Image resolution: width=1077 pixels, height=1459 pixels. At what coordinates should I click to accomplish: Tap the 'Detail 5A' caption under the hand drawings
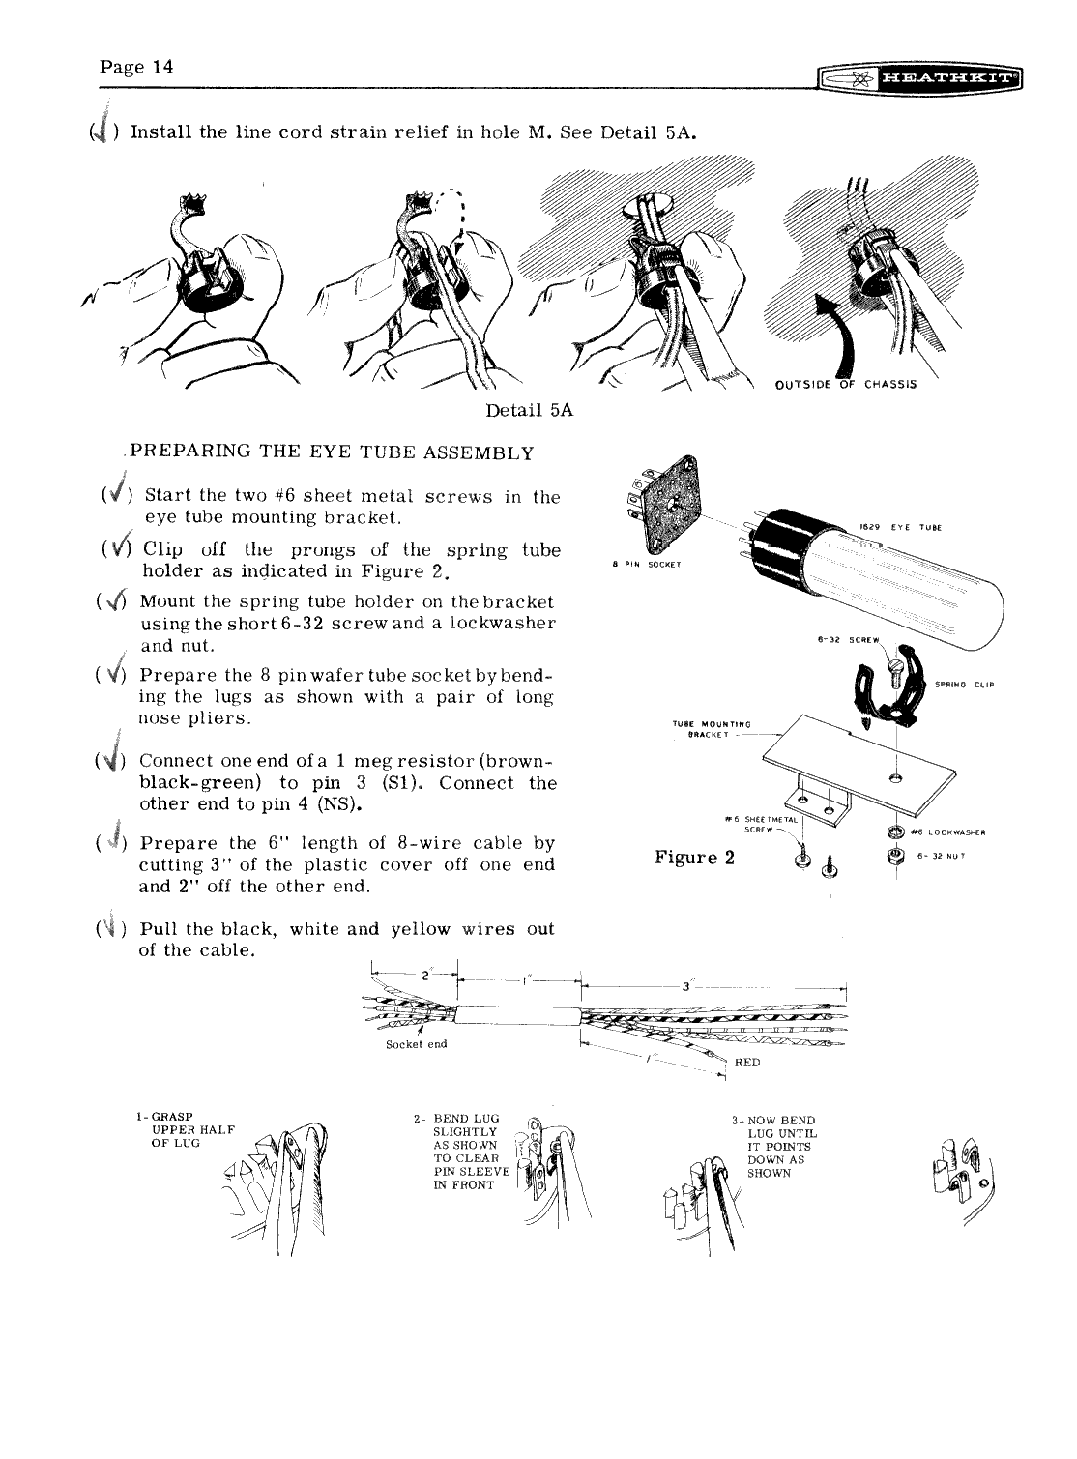pyautogui.click(x=530, y=410)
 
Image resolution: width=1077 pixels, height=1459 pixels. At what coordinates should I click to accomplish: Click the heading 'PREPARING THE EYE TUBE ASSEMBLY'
pyautogui.click(x=333, y=452)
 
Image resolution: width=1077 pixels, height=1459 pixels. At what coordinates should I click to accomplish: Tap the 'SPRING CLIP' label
pyautogui.click(x=965, y=685)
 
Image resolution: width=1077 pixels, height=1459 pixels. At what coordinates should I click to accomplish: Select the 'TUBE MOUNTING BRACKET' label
pyautogui.click(x=712, y=727)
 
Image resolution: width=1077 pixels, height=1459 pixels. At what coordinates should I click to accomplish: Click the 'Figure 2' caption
pyautogui.click(x=695, y=858)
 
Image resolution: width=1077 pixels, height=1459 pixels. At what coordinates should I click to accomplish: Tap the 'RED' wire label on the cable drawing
pyautogui.click(x=748, y=1062)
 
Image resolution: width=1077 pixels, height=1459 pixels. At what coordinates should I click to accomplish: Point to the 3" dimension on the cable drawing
pyautogui.click(x=685, y=986)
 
